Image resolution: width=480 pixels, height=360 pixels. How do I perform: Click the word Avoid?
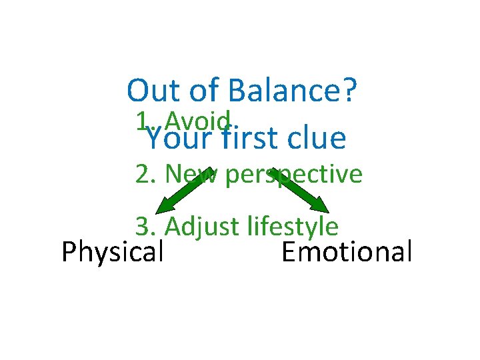pyautogui.click(x=199, y=121)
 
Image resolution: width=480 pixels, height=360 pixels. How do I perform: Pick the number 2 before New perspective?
pyautogui.click(x=143, y=175)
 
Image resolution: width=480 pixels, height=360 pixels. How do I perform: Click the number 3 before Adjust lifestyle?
pyautogui.click(x=143, y=227)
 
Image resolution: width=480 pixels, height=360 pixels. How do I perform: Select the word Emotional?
pyautogui.click(x=347, y=253)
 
